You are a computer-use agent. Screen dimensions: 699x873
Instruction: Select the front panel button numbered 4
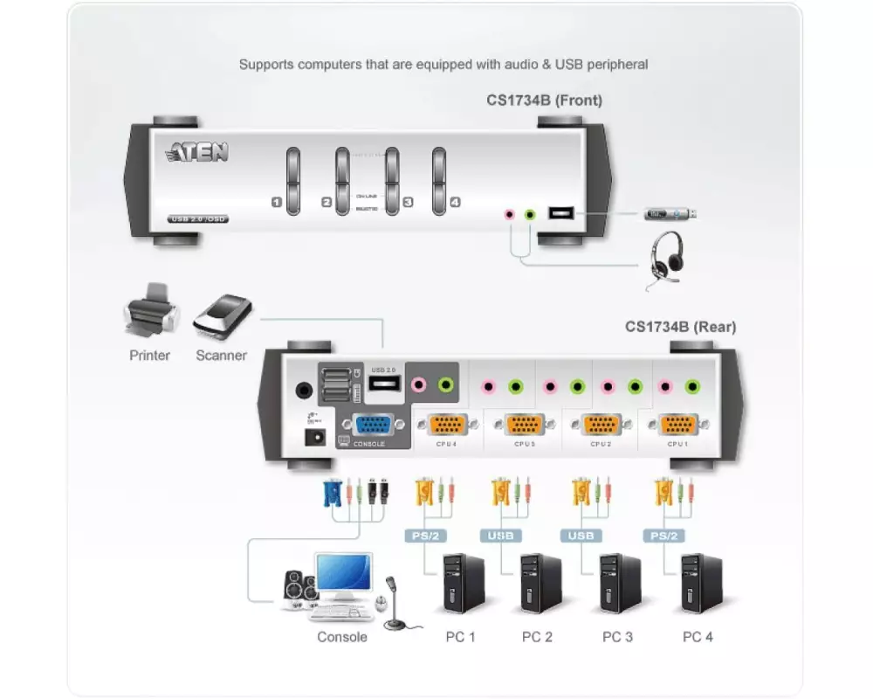pyautogui.click(x=438, y=180)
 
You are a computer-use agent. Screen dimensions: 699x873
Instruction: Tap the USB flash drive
pyautogui.click(x=670, y=213)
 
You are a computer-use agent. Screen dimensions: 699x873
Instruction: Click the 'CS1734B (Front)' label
pyautogui.click(x=544, y=100)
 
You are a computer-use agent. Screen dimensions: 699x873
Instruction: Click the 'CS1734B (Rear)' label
pyautogui.click(x=680, y=327)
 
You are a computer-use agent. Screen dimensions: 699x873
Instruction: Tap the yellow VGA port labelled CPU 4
pyautogui.click(x=448, y=425)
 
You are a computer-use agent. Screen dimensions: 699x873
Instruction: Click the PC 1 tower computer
pyautogui.click(x=463, y=583)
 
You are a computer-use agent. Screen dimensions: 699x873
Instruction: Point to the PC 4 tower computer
pyautogui.click(x=701, y=583)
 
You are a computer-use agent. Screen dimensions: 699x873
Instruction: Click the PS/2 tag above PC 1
pyautogui.click(x=424, y=536)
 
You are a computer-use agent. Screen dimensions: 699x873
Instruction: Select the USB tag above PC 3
pyautogui.click(x=585, y=536)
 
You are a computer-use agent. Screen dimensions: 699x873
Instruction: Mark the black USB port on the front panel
pyautogui.click(x=560, y=212)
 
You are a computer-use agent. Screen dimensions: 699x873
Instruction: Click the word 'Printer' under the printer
pyautogui.click(x=150, y=356)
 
